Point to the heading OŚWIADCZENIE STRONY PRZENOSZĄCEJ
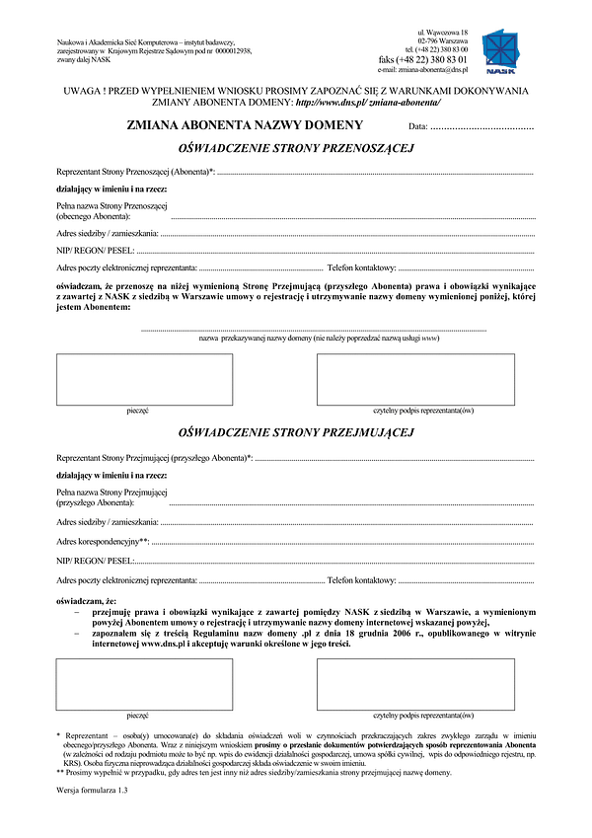[295, 148]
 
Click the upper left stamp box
[145, 379]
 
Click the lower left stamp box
[145, 684]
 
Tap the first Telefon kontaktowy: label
[362, 267]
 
